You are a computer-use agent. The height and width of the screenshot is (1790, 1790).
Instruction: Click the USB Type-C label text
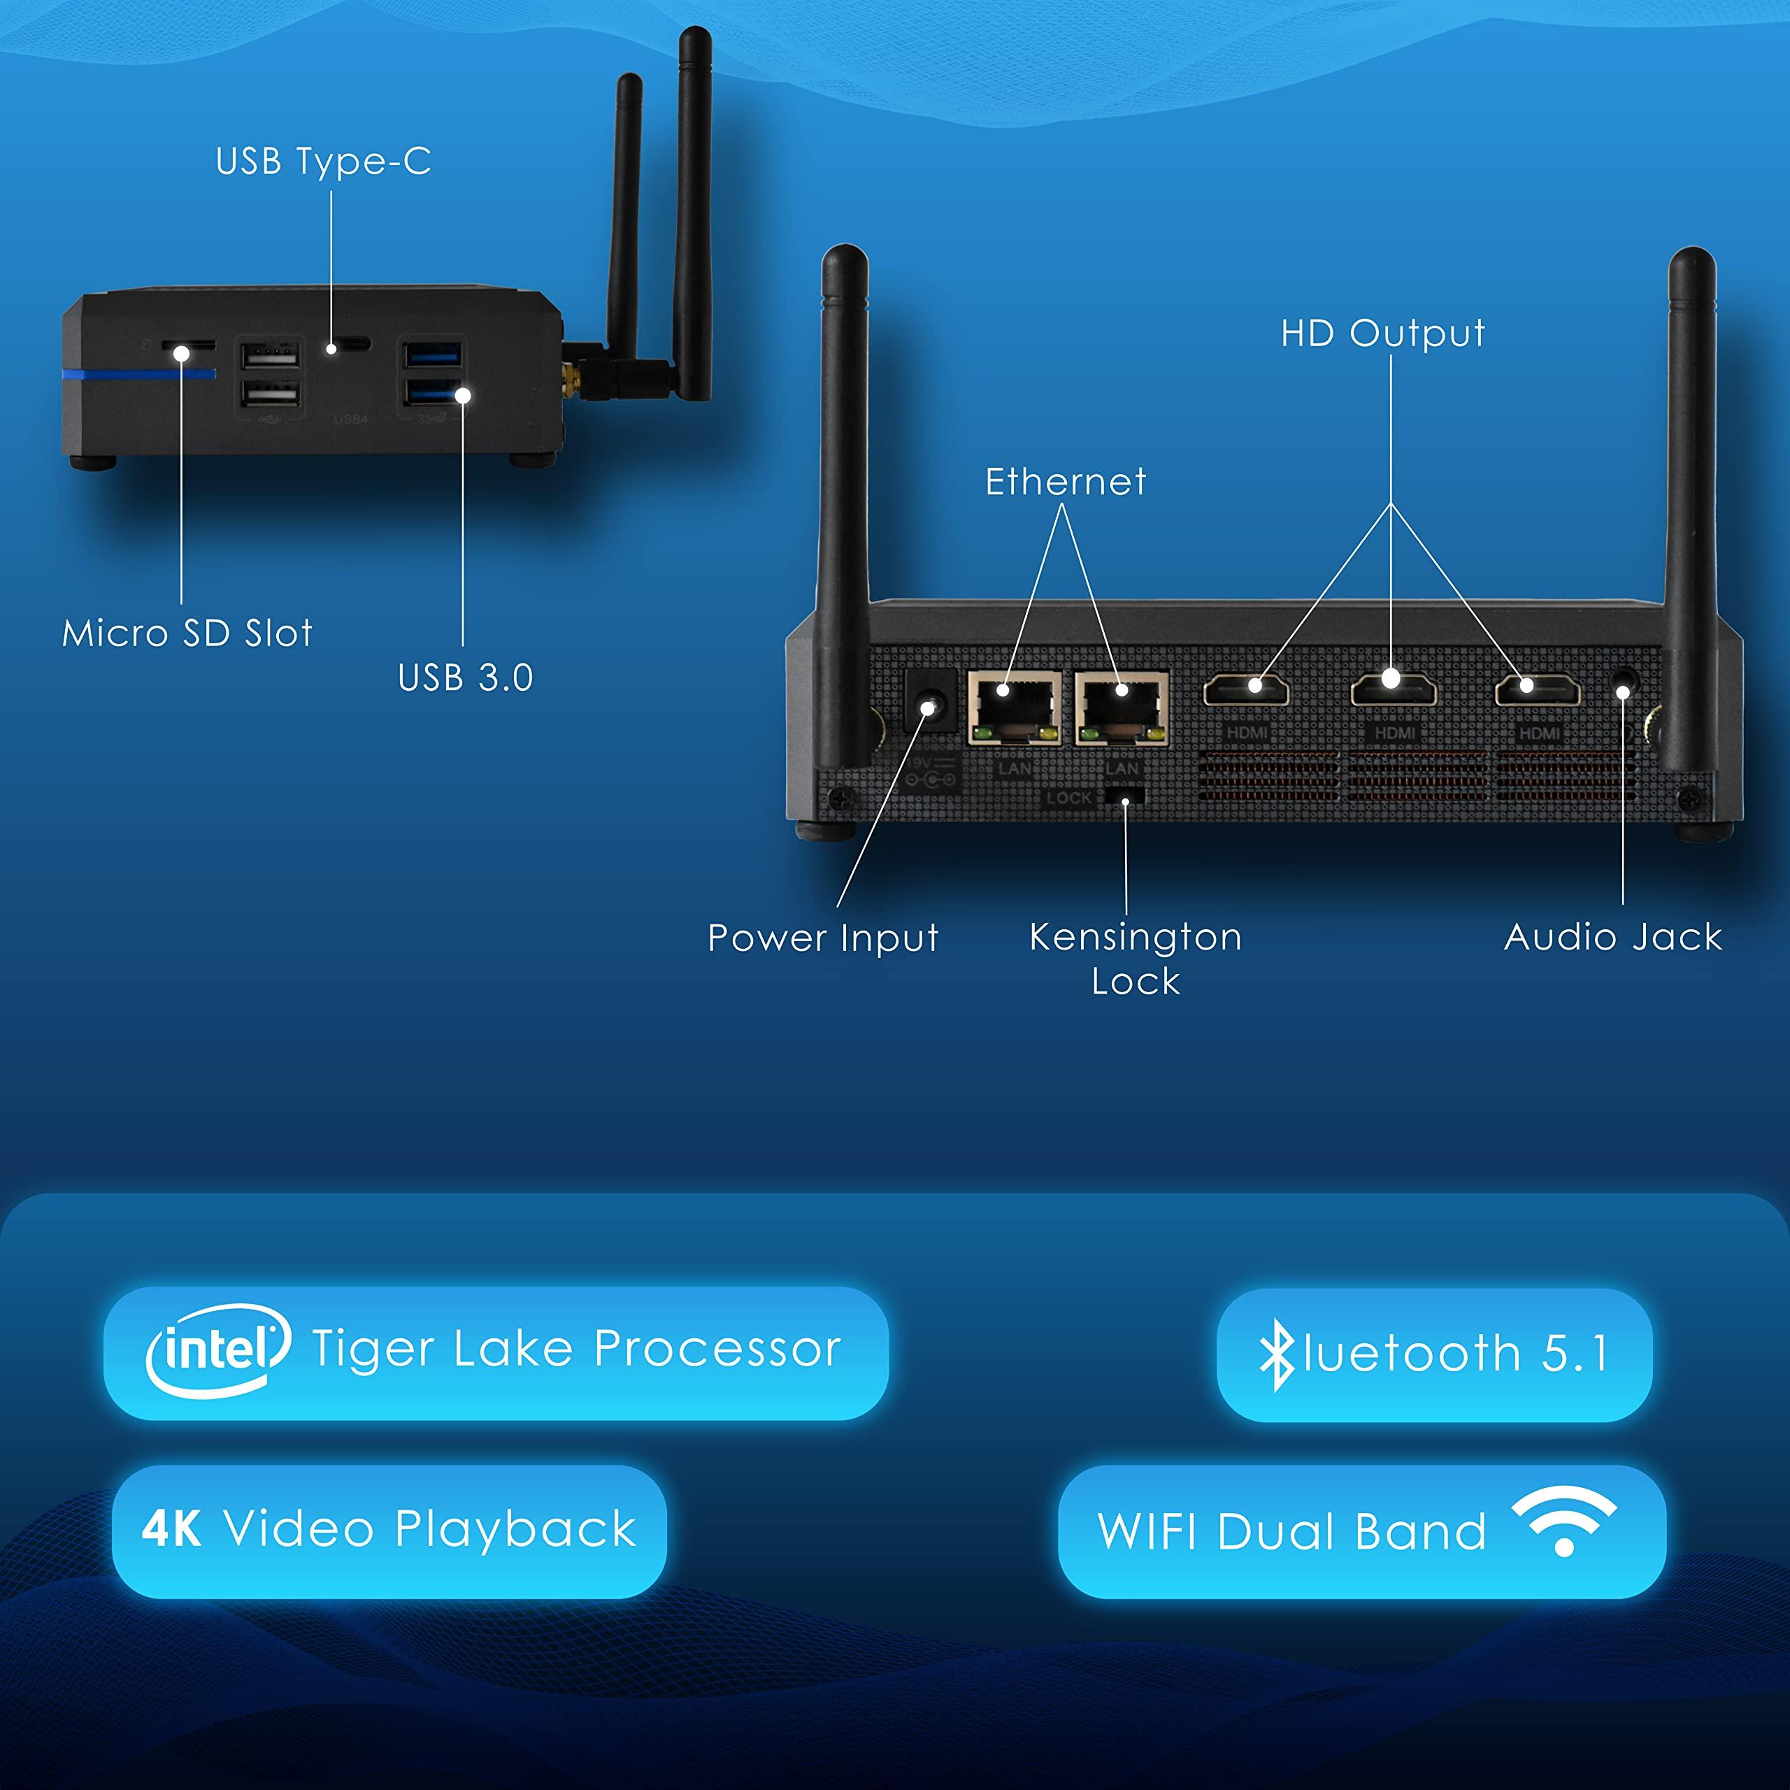(322, 162)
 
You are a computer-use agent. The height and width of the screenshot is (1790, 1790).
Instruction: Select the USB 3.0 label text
(465, 678)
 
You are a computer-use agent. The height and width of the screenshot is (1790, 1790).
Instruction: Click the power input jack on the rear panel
(929, 709)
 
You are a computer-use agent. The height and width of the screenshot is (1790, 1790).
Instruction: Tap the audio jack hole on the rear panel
(1622, 691)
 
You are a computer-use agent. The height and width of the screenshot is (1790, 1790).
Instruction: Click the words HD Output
(1382, 334)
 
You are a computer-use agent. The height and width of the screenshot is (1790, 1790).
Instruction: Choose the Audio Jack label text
(1613, 937)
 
